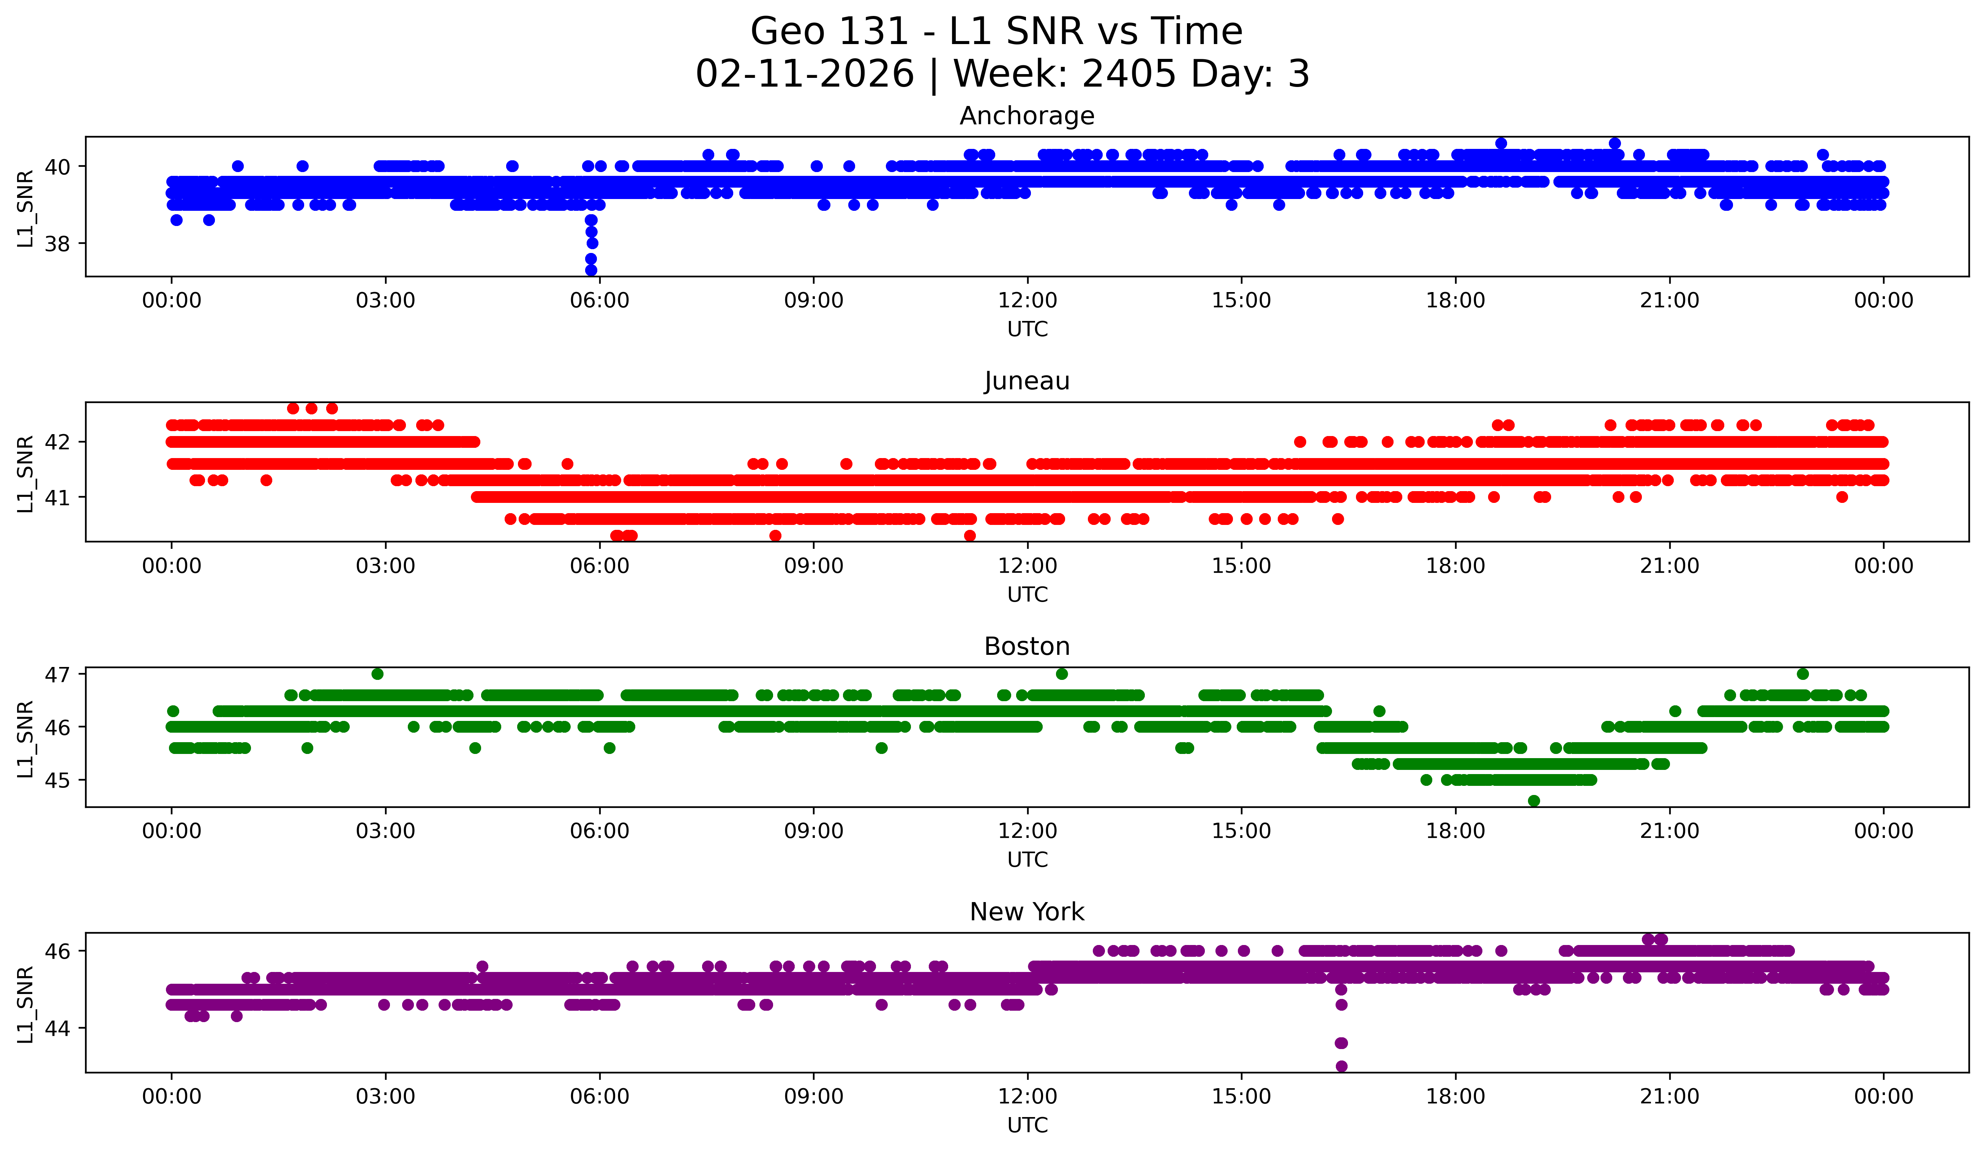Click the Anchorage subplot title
point(1027,116)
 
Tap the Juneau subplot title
point(1027,381)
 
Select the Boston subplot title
point(1027,646)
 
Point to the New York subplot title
point(1027,912)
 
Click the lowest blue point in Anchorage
point(591,270)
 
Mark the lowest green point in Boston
point(1534,801)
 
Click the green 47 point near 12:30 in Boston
point(1061,674)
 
